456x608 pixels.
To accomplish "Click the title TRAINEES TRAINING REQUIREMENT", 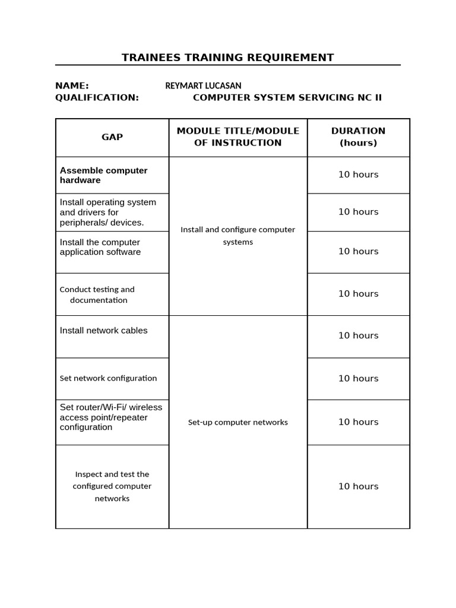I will [x=227, y=58].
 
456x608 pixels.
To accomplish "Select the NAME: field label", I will [x=72, y=85].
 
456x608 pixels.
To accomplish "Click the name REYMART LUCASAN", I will [x=203, y=85].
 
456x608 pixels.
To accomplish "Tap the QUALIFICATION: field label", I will [x=97, y=97].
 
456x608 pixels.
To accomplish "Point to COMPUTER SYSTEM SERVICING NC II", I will [x=287, y=97].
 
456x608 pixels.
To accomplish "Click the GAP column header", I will [x=112, y=137].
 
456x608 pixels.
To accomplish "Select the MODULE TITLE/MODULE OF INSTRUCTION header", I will [x=237, y=137].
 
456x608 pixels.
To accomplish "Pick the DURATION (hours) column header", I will [x=358, y=137].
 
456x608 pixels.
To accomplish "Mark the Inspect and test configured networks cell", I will [x=112, y=486].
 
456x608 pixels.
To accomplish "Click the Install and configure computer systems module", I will [x=237, y=236].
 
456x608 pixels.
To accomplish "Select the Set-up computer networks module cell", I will [x=237, y=422].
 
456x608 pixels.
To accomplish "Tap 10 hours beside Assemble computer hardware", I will [x=358, y=175].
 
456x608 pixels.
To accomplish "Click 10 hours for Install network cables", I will [x=358, y=335].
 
